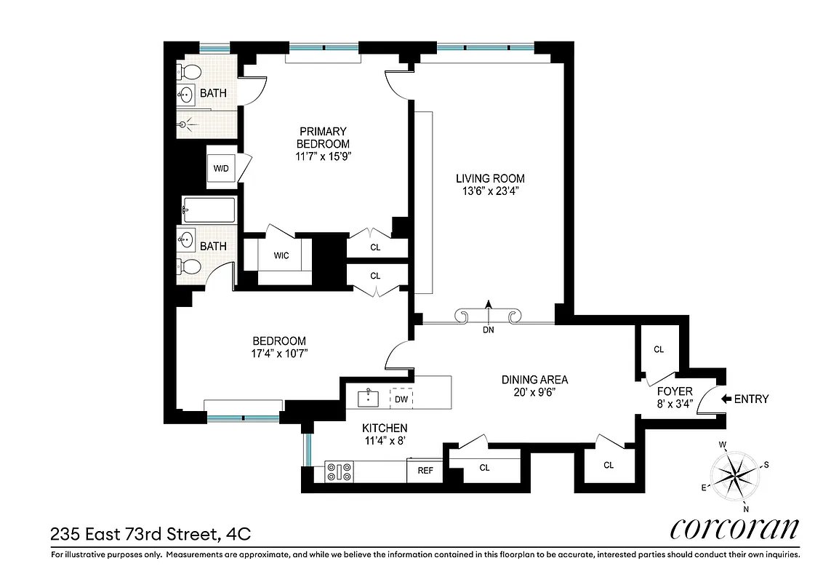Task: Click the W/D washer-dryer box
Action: tap(221, 169)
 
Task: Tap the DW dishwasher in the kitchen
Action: tap(401, 399)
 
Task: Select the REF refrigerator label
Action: tap(425, 471)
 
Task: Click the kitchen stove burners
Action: tap(340, 472)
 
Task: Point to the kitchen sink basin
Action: tap(369, 398)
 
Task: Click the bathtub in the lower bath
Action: tap(209, 210)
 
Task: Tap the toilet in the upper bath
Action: tap(190, 73)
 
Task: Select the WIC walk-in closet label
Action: tap(282, 256)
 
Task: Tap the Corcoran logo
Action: tap(734, 529)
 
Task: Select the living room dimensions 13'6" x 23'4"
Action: tap(490, 192)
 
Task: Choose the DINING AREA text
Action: tap(534, 379)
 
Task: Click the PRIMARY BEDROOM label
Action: tap(324, 137)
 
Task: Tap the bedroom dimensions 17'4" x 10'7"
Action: tap(279, 354)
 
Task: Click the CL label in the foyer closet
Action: tap(659, 349)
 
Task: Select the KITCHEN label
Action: tap(385, 428)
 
